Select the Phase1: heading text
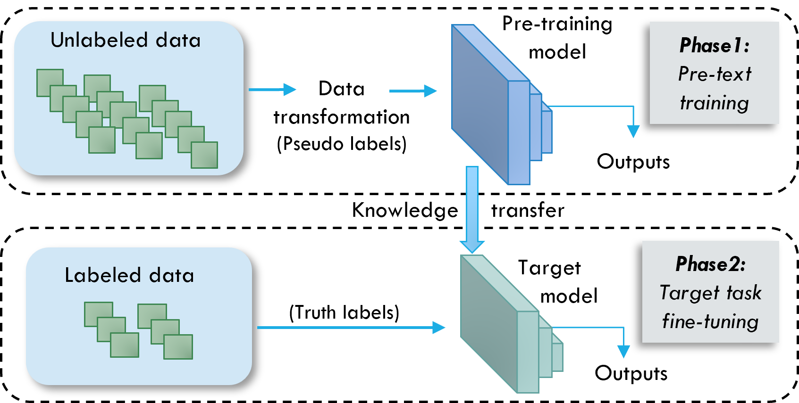coord(714,46)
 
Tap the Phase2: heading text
coord(710,264)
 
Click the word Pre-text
coord(714,74)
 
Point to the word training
coord(714,103)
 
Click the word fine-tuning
coord(710,322)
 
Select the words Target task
coord(710,293)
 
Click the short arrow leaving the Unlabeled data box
coord(272,89)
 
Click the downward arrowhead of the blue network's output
coord(633,131)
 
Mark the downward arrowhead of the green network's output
coord(623,351)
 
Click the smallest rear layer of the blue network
coord(547,132)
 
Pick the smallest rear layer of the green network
coord(557,356)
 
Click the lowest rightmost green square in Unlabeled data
coord(204,155)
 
